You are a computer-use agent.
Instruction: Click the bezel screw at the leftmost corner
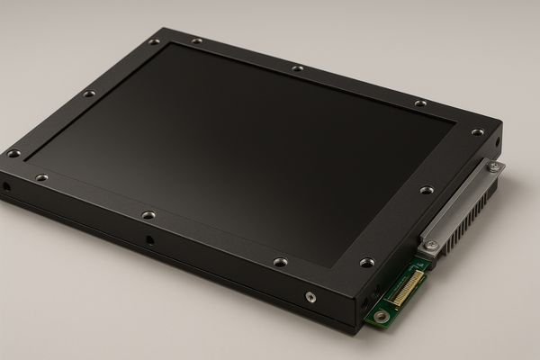point(13,154)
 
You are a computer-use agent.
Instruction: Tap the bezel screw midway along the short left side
point(88,94)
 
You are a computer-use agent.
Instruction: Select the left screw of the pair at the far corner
point(154,41)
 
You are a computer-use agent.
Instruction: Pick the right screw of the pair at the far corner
point(196,40)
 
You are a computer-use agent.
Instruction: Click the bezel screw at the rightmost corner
point(477,132)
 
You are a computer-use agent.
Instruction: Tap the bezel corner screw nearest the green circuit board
point(366,263)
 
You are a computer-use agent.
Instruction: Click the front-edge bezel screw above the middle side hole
point(148,215)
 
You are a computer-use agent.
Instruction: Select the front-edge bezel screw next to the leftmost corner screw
point(41,178)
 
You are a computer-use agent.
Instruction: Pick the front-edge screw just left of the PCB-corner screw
point(279,263)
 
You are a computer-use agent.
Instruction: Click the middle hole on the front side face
point(149,240)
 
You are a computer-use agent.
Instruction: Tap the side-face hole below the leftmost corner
point(6,187)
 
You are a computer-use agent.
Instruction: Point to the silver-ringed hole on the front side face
point(310,295)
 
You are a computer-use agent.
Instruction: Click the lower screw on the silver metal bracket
point(433,245)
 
